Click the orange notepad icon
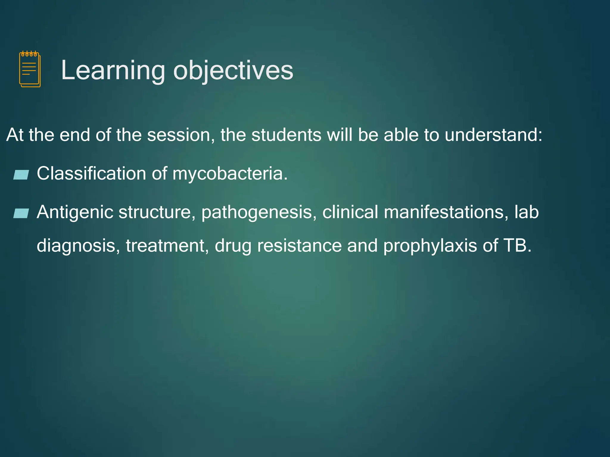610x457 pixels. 30,69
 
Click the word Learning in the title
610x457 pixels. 113,71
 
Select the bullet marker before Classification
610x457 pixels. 21,175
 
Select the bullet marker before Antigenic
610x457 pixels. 21,213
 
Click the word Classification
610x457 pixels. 91,173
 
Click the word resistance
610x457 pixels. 299,246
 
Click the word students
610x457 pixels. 286,135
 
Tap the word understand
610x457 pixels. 493,135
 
